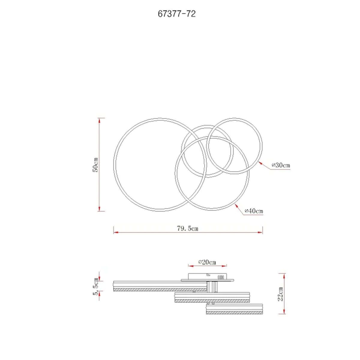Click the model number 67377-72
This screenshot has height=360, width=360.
(x=177, y=14)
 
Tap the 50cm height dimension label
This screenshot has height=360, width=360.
(x=95, y=165)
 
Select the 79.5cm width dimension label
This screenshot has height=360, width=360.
(x=187, y=228)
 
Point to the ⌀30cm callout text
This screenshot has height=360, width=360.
(x=281, y=165)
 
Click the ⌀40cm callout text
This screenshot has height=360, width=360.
(x=254, y=211)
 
